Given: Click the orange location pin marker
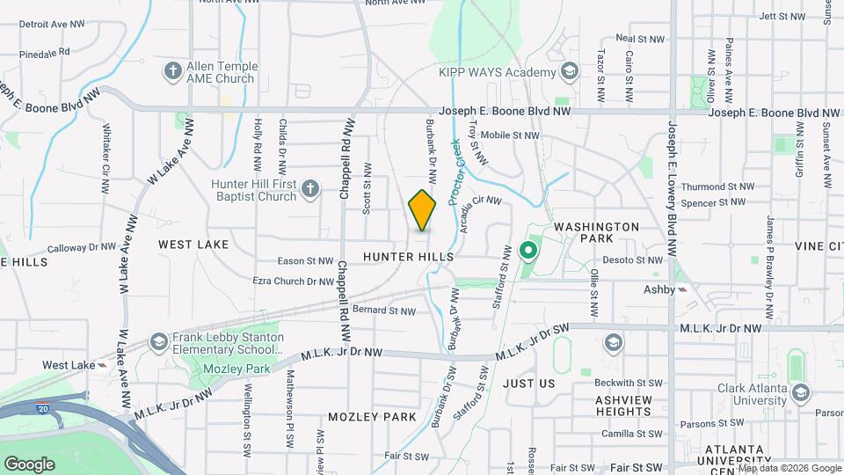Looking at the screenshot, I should (x=422, y=210).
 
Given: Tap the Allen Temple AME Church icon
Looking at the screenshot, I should (x=173, y=69).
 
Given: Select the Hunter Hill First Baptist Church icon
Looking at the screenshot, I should (x=309, y=187).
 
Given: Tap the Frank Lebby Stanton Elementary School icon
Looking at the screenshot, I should (x=158, y=341).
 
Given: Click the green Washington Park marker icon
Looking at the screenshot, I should (x=528, y=252).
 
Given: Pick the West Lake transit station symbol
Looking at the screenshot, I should (x=104, y=365).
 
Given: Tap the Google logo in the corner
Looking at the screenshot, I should (x=29, y=464).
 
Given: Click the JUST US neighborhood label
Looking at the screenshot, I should (x=529, y=384).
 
